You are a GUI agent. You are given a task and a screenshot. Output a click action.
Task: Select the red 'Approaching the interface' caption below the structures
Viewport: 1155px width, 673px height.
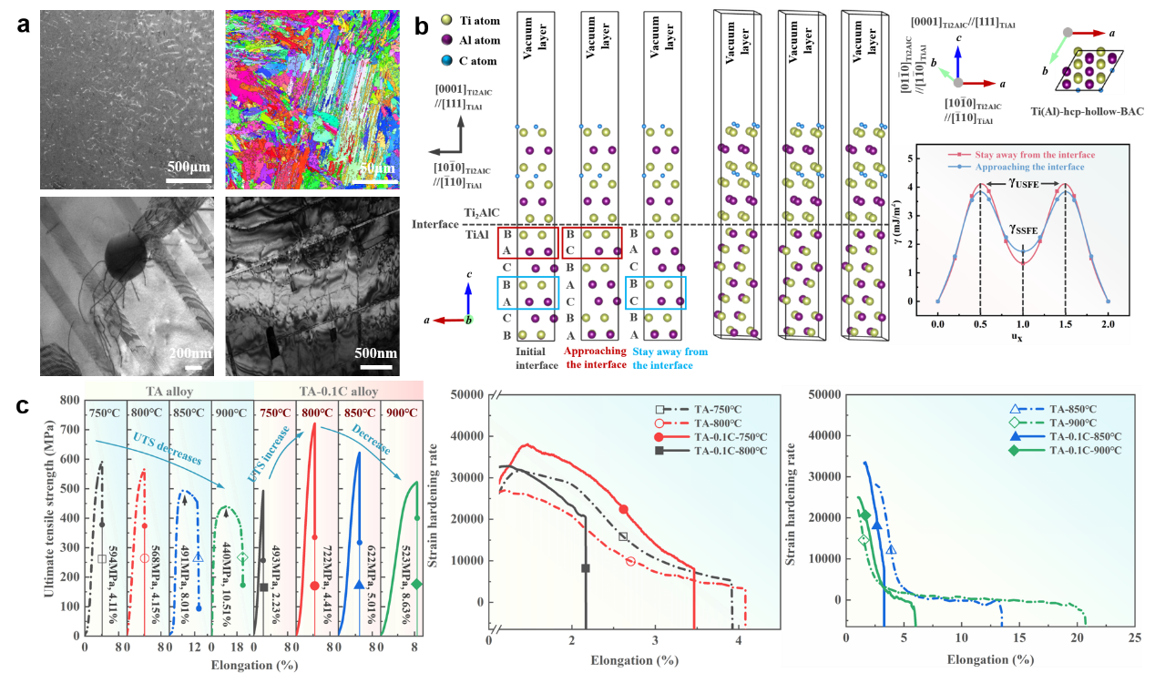click(594, 357)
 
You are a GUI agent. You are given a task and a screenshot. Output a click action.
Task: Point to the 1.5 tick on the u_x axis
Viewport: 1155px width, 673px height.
click(1066, 322)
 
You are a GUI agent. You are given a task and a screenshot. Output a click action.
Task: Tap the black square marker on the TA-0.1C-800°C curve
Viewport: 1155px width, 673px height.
click(586, 568)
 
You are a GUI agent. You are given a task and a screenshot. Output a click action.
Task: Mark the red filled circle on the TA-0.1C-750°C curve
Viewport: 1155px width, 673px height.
click(623, 509)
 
